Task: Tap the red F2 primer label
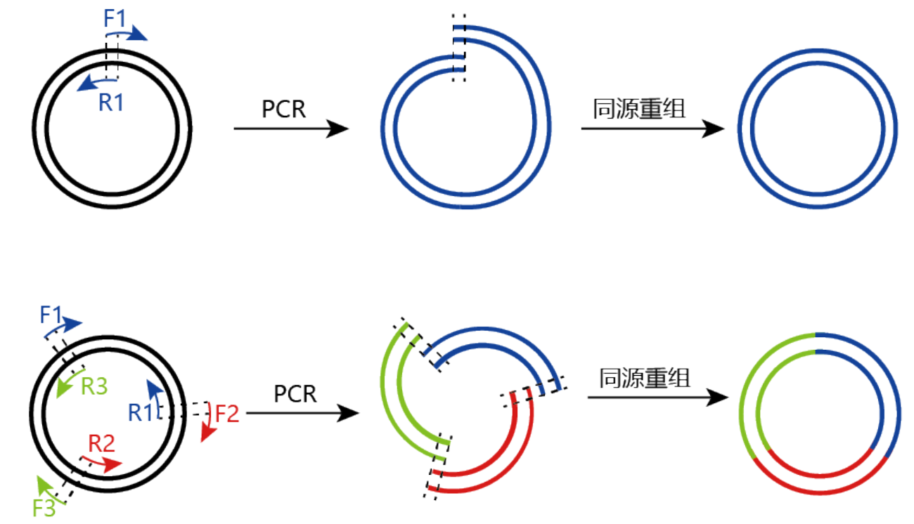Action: point(227,413)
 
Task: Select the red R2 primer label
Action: point(101,443)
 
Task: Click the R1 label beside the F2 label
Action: point(141,413)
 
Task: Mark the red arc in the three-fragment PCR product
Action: point(492,464)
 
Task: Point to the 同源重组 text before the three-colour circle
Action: point(644,379)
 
